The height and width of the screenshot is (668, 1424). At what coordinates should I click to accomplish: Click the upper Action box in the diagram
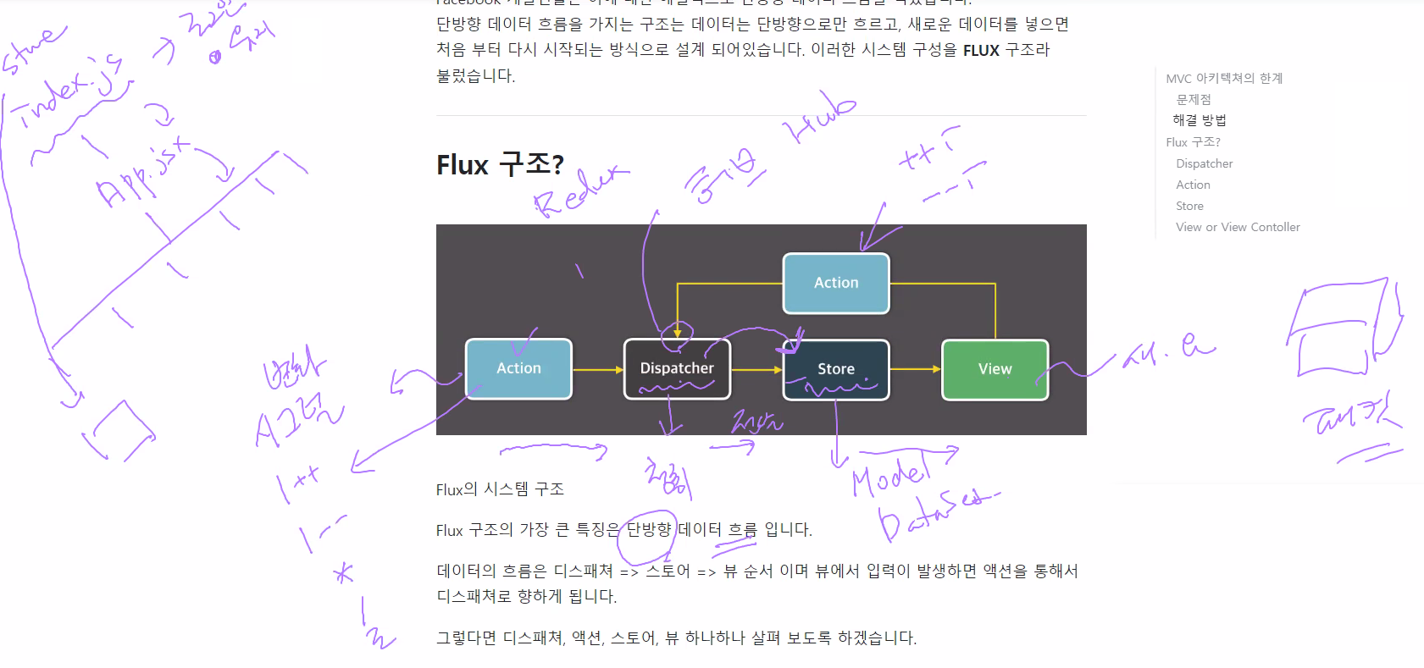pos(835,283)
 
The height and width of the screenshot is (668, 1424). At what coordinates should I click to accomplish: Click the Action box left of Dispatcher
pos(518,368)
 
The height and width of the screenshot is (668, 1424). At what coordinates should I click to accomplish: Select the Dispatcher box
pos(677,368)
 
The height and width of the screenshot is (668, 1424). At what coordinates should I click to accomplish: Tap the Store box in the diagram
pos(836,369)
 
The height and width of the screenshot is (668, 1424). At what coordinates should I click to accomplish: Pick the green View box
pos(995,369)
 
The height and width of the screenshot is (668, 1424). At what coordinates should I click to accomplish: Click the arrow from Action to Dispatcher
pos(597,370)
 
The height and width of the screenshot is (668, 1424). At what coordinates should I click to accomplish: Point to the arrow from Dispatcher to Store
pos(756,370)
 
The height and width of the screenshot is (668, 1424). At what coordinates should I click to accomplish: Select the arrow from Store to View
pos(915,369)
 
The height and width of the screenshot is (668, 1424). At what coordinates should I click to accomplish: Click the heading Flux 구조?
pos(500,164)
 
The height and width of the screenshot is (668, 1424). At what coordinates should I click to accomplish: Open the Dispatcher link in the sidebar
pos(1204,163)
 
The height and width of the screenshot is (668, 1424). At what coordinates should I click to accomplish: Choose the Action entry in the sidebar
pos(1193,185)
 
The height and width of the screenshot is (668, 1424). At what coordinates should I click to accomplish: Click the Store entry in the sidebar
pos(1189,206)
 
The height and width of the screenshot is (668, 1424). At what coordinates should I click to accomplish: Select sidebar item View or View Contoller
pos(1238,227)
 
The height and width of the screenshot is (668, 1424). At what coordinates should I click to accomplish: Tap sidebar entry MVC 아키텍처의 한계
pos(1224,79)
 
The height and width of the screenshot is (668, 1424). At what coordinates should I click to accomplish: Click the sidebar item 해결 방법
pos(1199,120)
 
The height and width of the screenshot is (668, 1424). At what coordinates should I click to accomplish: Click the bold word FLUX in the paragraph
pos(981,51)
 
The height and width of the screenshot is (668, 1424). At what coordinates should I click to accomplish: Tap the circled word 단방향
pos(648,530)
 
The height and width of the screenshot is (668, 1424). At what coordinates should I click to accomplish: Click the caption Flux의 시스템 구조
pos(500,489)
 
